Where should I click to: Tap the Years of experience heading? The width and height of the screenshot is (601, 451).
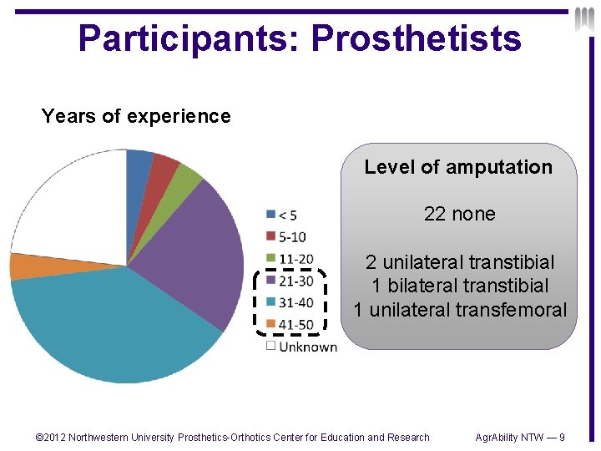(x=136, y=116)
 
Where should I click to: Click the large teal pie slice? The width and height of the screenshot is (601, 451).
(x=117, y=326)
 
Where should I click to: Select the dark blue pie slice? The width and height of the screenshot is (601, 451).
(x=139, y=163)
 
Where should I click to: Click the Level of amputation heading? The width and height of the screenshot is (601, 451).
(x=458, y=167)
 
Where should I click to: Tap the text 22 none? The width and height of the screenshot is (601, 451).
(x=459, y=214)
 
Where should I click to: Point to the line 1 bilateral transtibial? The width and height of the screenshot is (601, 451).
(x=460, y=286)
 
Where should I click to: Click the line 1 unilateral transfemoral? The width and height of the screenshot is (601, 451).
(x=460, y=310)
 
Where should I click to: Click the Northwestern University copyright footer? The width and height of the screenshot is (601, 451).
(x=232, y=437)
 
